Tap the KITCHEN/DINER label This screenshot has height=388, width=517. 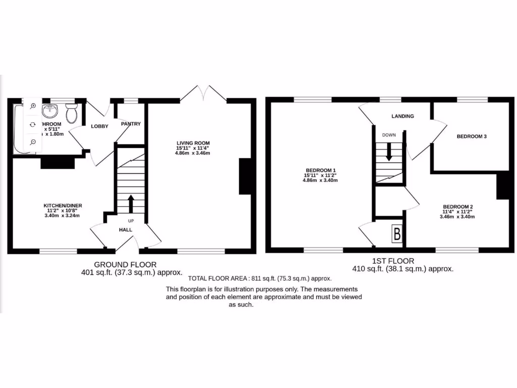(x=63, y=205)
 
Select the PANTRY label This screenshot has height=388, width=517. (x=131, y=124)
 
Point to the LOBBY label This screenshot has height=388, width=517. (x=99, y=126)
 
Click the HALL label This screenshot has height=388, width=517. (x=125, y=230)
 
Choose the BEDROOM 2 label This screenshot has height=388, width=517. (x=458, y=206)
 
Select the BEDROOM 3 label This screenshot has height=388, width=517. (x=472, y=136)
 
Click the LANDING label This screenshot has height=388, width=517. (x=402, y=116)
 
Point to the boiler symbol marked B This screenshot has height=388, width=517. (x=397, y=234)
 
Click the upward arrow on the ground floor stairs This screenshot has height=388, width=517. (x=131, y=203)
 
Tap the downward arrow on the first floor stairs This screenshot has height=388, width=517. (x=389, y=152)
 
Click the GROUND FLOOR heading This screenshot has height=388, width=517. (x=125, y=264)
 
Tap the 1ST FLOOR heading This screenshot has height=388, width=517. (x=393, y=261)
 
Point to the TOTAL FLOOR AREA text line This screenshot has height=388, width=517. (x=260, y=278)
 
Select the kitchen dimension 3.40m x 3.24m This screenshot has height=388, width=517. (x=63, y=216)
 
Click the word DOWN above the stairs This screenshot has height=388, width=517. (x=389, y=135)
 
